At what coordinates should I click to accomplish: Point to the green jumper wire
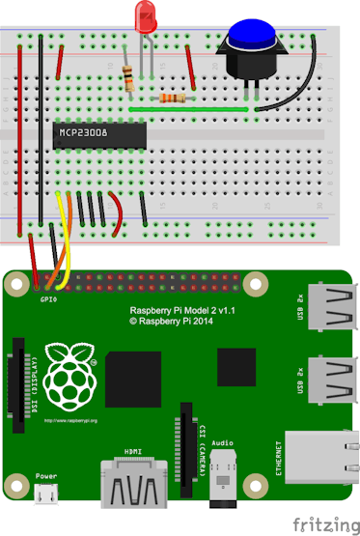click(193, 110)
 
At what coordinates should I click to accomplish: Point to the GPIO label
click(47, 300)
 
